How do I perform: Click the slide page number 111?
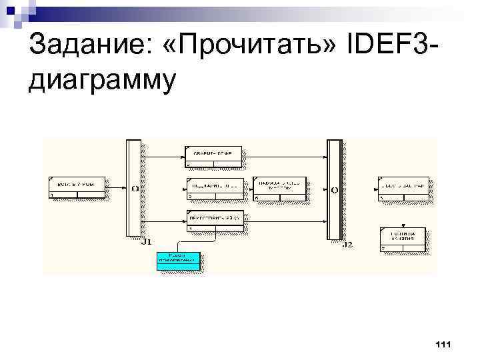443,344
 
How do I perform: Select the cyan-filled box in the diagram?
178,260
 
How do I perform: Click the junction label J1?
147,241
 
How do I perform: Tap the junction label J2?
347,245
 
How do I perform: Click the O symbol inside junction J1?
135,189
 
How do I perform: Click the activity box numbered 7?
403,239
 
